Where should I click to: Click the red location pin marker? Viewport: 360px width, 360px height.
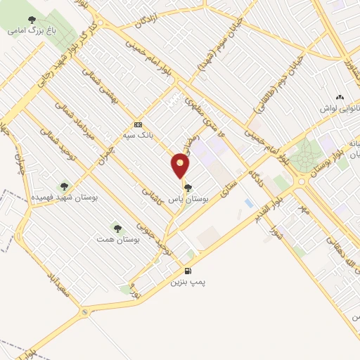tap(181, 165)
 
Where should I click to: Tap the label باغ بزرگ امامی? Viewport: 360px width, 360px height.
tap(31, 31)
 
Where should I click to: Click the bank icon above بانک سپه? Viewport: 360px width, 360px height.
tap(137, 123)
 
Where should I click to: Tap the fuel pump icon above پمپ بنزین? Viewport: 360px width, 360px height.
tap(187, 271)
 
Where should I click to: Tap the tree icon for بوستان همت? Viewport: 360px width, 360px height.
tap(117, 229)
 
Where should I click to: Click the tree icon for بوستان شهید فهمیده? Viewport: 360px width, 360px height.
tap(65, 187)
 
